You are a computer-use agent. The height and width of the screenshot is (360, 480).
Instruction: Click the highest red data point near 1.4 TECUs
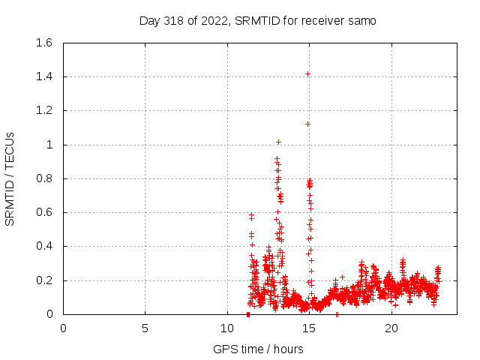click(x=308, y=73)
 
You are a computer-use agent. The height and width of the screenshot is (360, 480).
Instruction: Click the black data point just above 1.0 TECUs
click(x=278, y=142)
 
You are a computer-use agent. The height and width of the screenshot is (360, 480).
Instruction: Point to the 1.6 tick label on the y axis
click(x=43, y=43)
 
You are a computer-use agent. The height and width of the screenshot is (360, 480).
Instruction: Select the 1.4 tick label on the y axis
click(x=43, y=76)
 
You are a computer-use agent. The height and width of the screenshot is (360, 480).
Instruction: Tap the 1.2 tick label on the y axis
click(x=43, y=110)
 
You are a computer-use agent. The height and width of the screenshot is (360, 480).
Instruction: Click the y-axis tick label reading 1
click(x=49, y=145)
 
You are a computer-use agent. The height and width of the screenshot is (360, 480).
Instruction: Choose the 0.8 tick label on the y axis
click(x=43, y=178)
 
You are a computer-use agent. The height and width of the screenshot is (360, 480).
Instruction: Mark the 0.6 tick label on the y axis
click(x=43, y=212)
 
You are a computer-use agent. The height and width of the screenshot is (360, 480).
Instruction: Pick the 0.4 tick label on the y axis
click(x=43, y=246)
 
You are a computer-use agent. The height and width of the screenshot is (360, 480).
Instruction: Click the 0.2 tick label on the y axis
click(x=43, y=280)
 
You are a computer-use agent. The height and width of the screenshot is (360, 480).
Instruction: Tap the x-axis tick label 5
click(x=145, y=328)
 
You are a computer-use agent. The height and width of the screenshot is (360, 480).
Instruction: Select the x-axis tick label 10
click(x=227, y=328)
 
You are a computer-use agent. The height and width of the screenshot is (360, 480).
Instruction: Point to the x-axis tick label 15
click(x=309, y=328)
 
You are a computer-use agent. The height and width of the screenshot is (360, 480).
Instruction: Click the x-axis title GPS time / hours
click(x=258, y=349)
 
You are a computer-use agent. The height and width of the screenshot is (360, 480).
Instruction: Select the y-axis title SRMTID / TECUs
click(x=10, y=178)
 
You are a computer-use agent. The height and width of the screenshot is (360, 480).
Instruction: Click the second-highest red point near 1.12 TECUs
click(x=307, y=124)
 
